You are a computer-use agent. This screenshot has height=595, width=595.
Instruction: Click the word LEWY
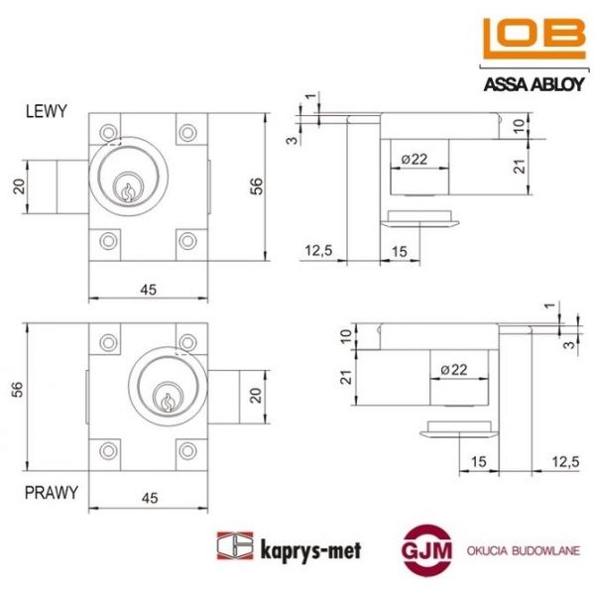click(46, 112)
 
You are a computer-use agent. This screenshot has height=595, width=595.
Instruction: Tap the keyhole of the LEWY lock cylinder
click(127, 187)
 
